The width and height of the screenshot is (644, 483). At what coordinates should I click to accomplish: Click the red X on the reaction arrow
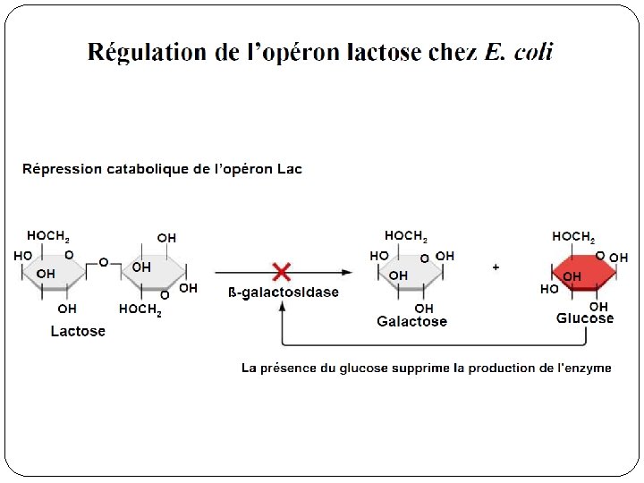281,271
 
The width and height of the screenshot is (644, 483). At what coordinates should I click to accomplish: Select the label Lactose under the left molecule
78,331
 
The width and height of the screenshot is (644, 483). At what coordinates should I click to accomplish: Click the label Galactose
411,321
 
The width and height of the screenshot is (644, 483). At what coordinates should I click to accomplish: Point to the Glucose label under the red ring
585,318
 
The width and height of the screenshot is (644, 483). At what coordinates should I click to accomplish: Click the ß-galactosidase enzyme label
284,292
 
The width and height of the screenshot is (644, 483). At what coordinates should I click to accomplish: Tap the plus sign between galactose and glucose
496,267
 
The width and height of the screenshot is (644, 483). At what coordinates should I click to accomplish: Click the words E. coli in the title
519,52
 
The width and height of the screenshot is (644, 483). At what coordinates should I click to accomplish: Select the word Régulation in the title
147,52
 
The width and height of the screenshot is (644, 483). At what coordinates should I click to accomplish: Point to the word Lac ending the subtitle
289,169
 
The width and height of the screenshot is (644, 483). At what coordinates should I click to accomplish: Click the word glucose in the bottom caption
366,369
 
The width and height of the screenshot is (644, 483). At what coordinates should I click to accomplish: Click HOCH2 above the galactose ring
406,236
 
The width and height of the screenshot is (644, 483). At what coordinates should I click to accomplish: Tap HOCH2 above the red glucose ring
573,237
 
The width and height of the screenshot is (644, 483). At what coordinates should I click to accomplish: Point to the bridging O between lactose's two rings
104,262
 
